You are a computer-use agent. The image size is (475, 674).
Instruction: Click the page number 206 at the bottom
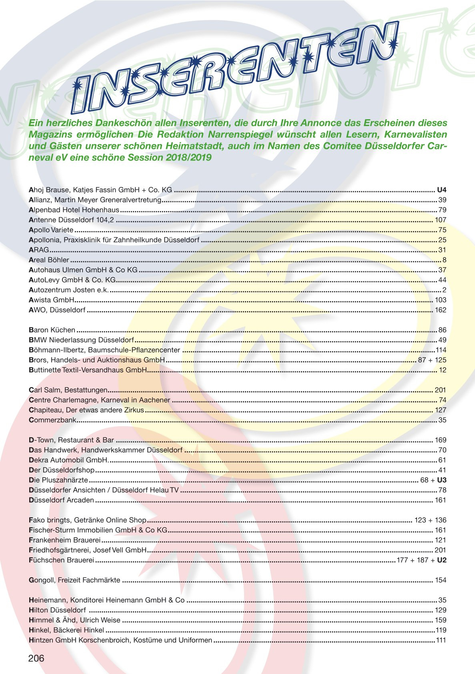(x=36, y=658)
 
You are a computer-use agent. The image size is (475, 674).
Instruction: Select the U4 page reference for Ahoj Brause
(x=441, y=190)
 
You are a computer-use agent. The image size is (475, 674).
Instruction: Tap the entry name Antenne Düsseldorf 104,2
(x=71, y=220)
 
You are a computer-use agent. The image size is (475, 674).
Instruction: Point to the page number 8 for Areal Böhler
(x=444, y=260)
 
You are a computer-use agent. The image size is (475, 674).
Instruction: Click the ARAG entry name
(x=39, y=250)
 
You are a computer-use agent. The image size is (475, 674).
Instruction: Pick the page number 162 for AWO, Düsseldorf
(x=440, y=310)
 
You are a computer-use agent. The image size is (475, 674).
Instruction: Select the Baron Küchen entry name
(x=52, y=330)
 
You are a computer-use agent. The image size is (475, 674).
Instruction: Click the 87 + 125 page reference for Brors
(x=432, y=360)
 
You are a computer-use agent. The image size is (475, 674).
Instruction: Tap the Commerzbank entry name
(x=52, y=420)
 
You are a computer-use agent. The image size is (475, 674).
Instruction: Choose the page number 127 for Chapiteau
(x=441, y=410)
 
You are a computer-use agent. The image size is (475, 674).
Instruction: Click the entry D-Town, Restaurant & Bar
(x=71, y=440)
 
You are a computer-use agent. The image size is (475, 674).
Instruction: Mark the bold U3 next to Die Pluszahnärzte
(x=442, y=480)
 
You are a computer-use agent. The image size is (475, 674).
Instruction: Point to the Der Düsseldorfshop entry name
(x=62, y=470)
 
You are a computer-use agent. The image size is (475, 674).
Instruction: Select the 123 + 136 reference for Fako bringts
(x=430, y=520)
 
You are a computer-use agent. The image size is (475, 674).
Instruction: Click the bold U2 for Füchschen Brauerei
(x=442, y=560)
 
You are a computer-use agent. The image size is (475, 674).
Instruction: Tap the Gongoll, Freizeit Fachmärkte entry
(x=74, y=580)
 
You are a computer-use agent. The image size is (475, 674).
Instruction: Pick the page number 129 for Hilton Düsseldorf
(x=441, y=610)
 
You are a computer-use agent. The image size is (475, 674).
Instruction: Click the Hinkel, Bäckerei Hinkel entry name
(x=66, y=630)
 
